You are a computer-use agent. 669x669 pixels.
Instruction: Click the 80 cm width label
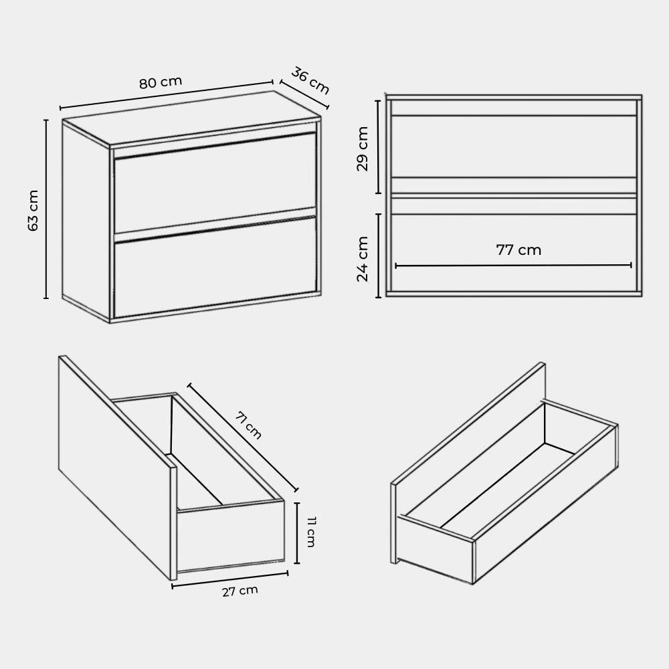tap(161, 82)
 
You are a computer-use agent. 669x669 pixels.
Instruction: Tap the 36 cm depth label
tap(310, 81)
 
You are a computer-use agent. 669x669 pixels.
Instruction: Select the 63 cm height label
tap(33, 210)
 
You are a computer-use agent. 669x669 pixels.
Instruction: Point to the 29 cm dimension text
tap(362, 149)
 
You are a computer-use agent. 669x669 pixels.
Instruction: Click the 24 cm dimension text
tap(362, 259)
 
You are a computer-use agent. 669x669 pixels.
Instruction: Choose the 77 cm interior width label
tap(518, 250)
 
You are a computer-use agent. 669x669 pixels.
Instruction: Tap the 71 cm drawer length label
tap(248, 425)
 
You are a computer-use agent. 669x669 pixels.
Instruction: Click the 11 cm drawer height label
tap(311, 532)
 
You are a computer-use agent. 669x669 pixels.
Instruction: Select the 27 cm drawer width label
tap(240, 591)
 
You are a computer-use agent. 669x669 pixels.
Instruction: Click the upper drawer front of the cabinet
tap(215, 183)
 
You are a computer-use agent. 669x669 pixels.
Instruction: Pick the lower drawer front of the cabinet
tap(215, 268)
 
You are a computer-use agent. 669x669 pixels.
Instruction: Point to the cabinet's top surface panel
tap(191, 117)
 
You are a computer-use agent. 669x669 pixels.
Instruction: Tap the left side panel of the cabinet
tap(86, 220)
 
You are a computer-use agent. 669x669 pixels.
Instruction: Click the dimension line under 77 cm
tap(513, 266)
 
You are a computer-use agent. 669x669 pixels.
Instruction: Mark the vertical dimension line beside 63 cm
tap(46, 209)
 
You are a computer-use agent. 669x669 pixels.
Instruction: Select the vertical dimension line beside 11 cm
tap(298, 533)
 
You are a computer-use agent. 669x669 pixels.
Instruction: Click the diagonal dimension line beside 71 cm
tap(243, 438)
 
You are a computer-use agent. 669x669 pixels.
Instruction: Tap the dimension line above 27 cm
tap(230, 580)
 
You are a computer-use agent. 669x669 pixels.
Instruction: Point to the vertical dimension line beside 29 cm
tap(378, 147)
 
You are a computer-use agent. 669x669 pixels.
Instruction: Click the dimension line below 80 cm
tap(167, 94)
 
